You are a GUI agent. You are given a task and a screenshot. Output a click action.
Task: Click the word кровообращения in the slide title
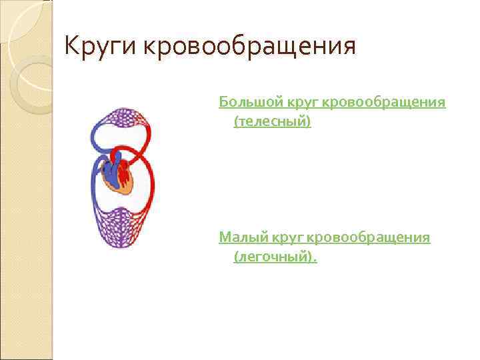point(249,47)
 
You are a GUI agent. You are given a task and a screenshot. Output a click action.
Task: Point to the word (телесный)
point(272,123)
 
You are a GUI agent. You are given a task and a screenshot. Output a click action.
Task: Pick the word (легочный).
point(275,257)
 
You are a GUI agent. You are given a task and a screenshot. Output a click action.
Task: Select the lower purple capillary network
point(122,227)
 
